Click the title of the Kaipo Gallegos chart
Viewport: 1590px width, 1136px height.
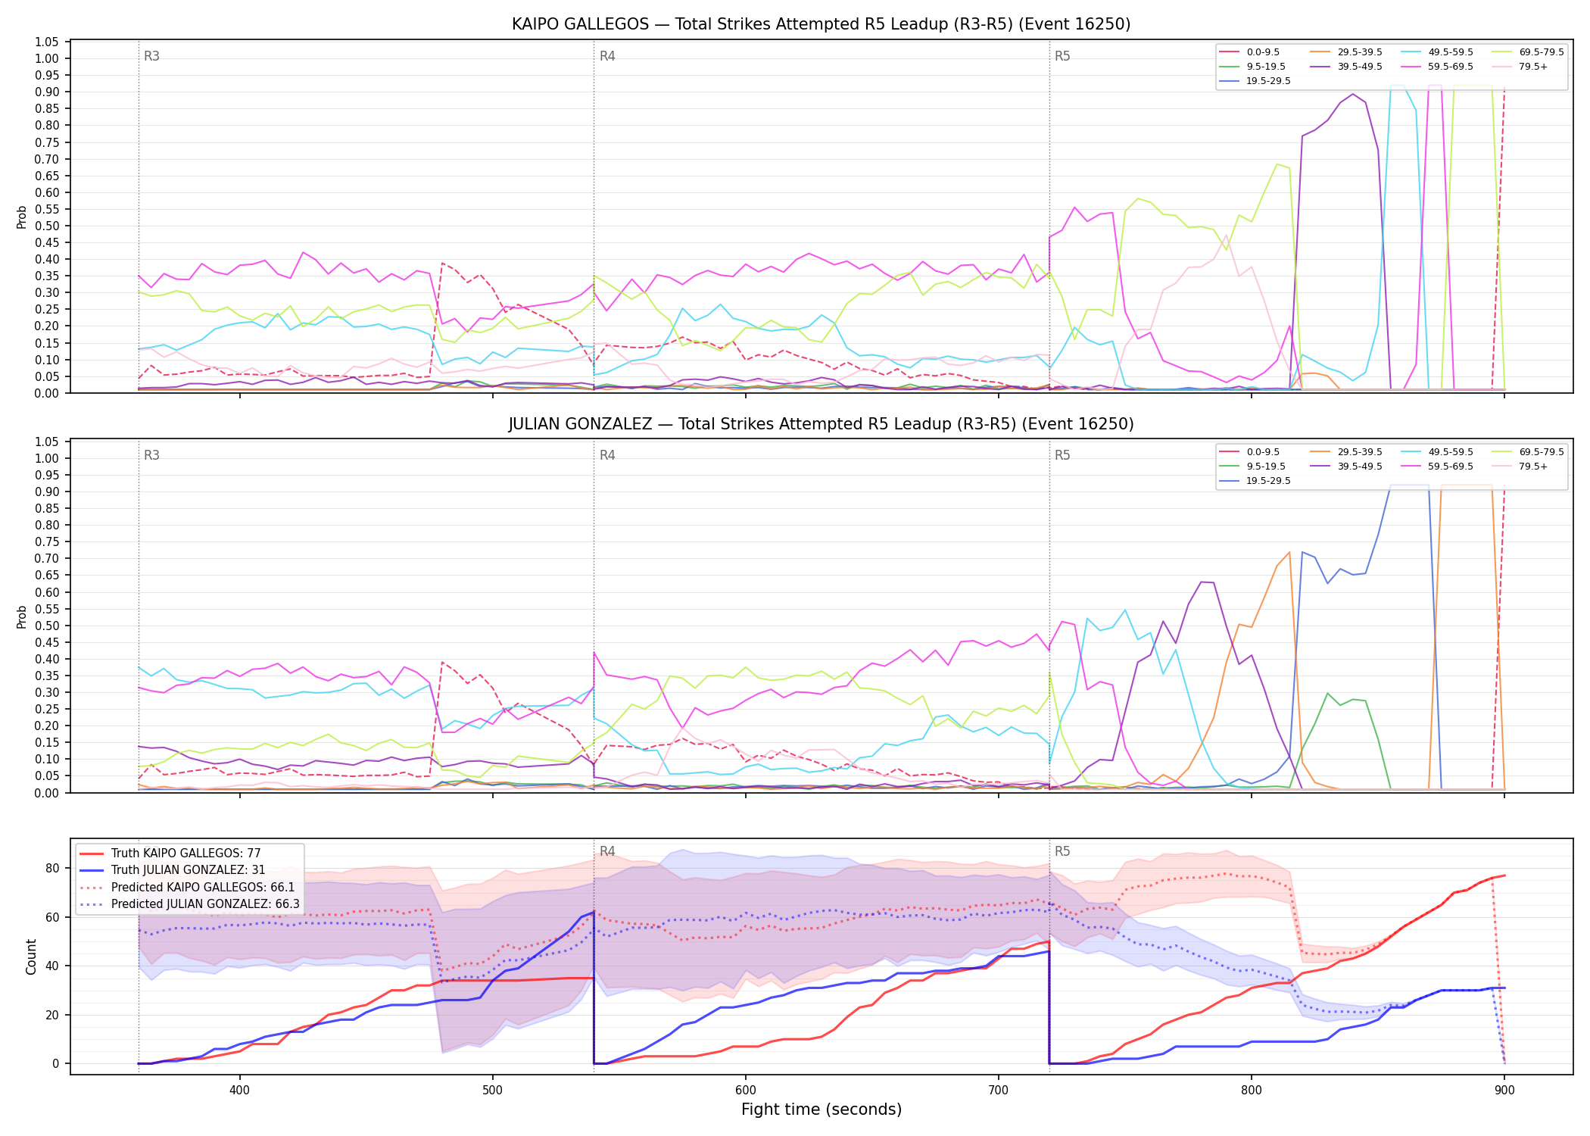pyautogui.click(x=821, y=24)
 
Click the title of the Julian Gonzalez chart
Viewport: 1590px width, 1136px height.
pyautogui.click(x=821, y=424)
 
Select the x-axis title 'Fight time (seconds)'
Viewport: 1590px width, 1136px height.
pyautogui.click(x=821, y=1109)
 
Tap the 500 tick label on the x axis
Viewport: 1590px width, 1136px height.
pyautogui.click(x=493, y=1089)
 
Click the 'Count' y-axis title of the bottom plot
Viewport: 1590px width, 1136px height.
pyautogui.click(x=31, y=957)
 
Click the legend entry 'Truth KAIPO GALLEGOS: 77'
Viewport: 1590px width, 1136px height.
pyautogui.click(x=185, y=854)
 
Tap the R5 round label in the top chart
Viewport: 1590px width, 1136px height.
pyautogui.click(x=1062, y=56)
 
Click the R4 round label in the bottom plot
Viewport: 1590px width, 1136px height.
pyautogui.click(x=607, y=851)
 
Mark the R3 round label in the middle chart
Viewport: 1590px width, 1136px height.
pyautogui.click(x=151, y=455)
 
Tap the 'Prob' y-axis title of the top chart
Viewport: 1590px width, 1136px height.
pyautogui.click(x=22, y=217)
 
